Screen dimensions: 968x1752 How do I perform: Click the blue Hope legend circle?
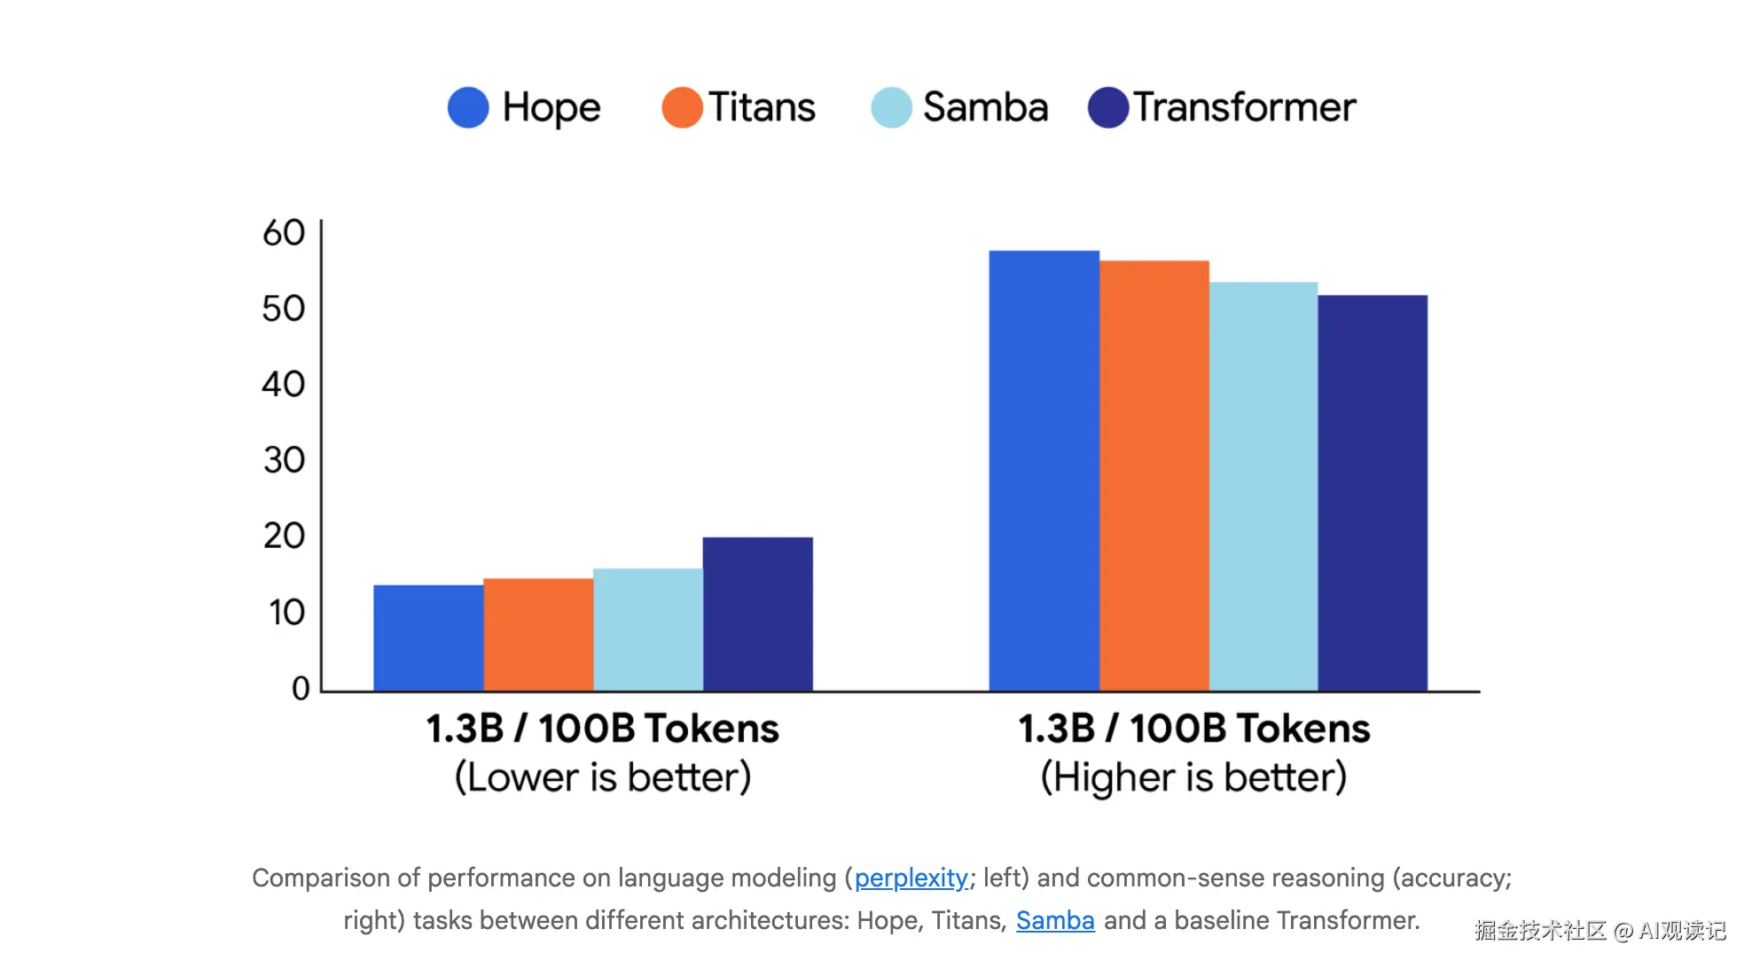click(468, 107)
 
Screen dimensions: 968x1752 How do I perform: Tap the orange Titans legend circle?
click(682, 107)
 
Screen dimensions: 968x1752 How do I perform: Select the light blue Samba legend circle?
click(891, 107)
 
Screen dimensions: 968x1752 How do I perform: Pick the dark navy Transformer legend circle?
click(1108, 107)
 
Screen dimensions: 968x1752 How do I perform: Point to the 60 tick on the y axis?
click(284, 233)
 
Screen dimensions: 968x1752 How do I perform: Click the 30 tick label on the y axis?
click(284, 460)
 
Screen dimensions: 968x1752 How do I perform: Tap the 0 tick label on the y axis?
click(301, 688)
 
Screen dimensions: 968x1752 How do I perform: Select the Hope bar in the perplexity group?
click(428, 637)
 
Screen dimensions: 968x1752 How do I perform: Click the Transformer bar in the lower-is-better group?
click(757, 613)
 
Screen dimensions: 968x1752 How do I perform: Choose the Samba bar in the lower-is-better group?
click(647, 629)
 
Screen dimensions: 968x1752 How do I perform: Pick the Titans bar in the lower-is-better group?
click(538, 634)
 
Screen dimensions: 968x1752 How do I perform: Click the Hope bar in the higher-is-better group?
click(1044, 471)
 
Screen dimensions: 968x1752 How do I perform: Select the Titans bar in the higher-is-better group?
click(1154, 475)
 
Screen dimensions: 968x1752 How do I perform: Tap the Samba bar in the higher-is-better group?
click(1263, 486)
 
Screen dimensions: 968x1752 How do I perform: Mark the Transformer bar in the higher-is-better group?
click(1373, 493)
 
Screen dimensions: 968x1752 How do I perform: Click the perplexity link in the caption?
click(911, 878)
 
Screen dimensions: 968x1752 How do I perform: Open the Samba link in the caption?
click(1055, 920)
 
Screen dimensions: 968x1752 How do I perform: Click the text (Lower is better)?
click(603, 777)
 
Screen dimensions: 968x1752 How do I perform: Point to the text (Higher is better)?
click(1193, 777)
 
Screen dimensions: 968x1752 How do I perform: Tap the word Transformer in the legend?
click(1245, 107)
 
